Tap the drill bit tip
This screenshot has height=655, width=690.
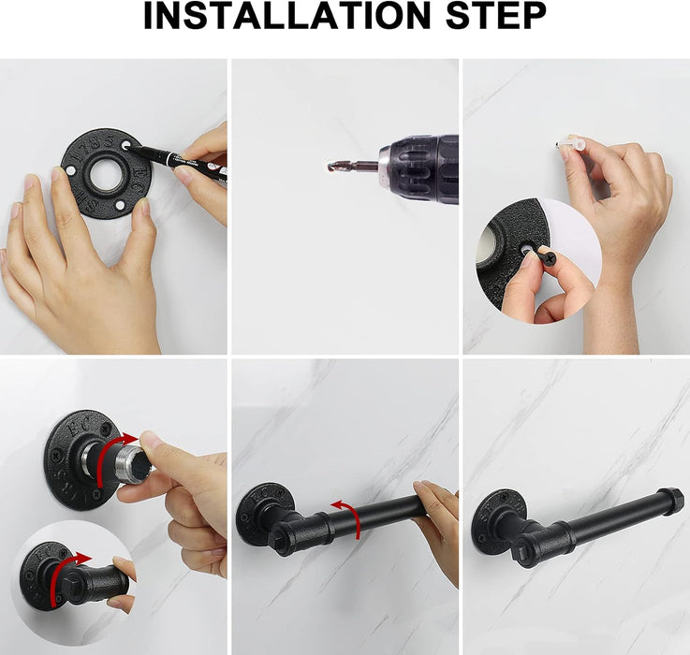332,166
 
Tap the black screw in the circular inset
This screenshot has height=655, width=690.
546,255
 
